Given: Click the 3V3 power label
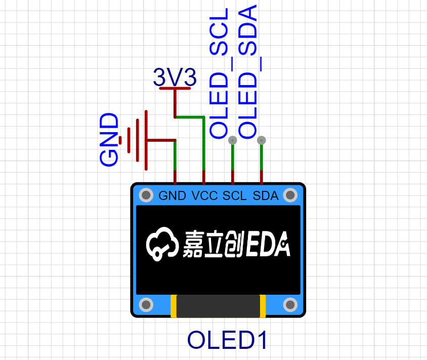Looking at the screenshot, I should (175, 77).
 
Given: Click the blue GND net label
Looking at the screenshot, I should (109, 140).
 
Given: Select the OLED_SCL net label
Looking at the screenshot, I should (219, 73).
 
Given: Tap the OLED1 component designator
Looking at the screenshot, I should (227, 341).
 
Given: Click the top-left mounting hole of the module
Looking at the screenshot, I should (146, 195).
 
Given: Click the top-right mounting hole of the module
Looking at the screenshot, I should (290, 195).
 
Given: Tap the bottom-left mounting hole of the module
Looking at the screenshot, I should (146, 305).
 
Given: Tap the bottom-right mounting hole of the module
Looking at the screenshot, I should (290, 305).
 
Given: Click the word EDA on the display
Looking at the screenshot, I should (269, 245).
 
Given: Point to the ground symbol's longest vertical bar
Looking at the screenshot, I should (146, 140).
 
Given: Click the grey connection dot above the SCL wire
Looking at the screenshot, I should (233, 140).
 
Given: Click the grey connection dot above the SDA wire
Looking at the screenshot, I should (262, 140).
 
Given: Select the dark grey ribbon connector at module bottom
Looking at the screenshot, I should (218, 306).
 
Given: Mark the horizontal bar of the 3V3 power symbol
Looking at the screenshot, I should (175, 89).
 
